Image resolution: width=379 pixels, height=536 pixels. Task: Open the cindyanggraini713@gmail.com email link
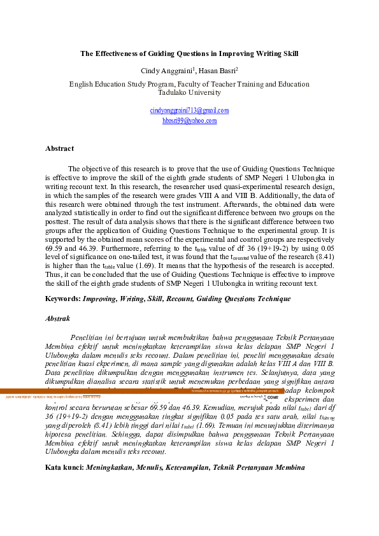[x=189, y=110]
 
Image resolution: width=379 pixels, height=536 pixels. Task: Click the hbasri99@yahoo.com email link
[x=189, y=120]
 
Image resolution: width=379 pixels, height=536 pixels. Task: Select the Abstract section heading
[x=59, y=148]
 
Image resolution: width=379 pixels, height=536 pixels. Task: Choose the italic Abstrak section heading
[x=58, y=318]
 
